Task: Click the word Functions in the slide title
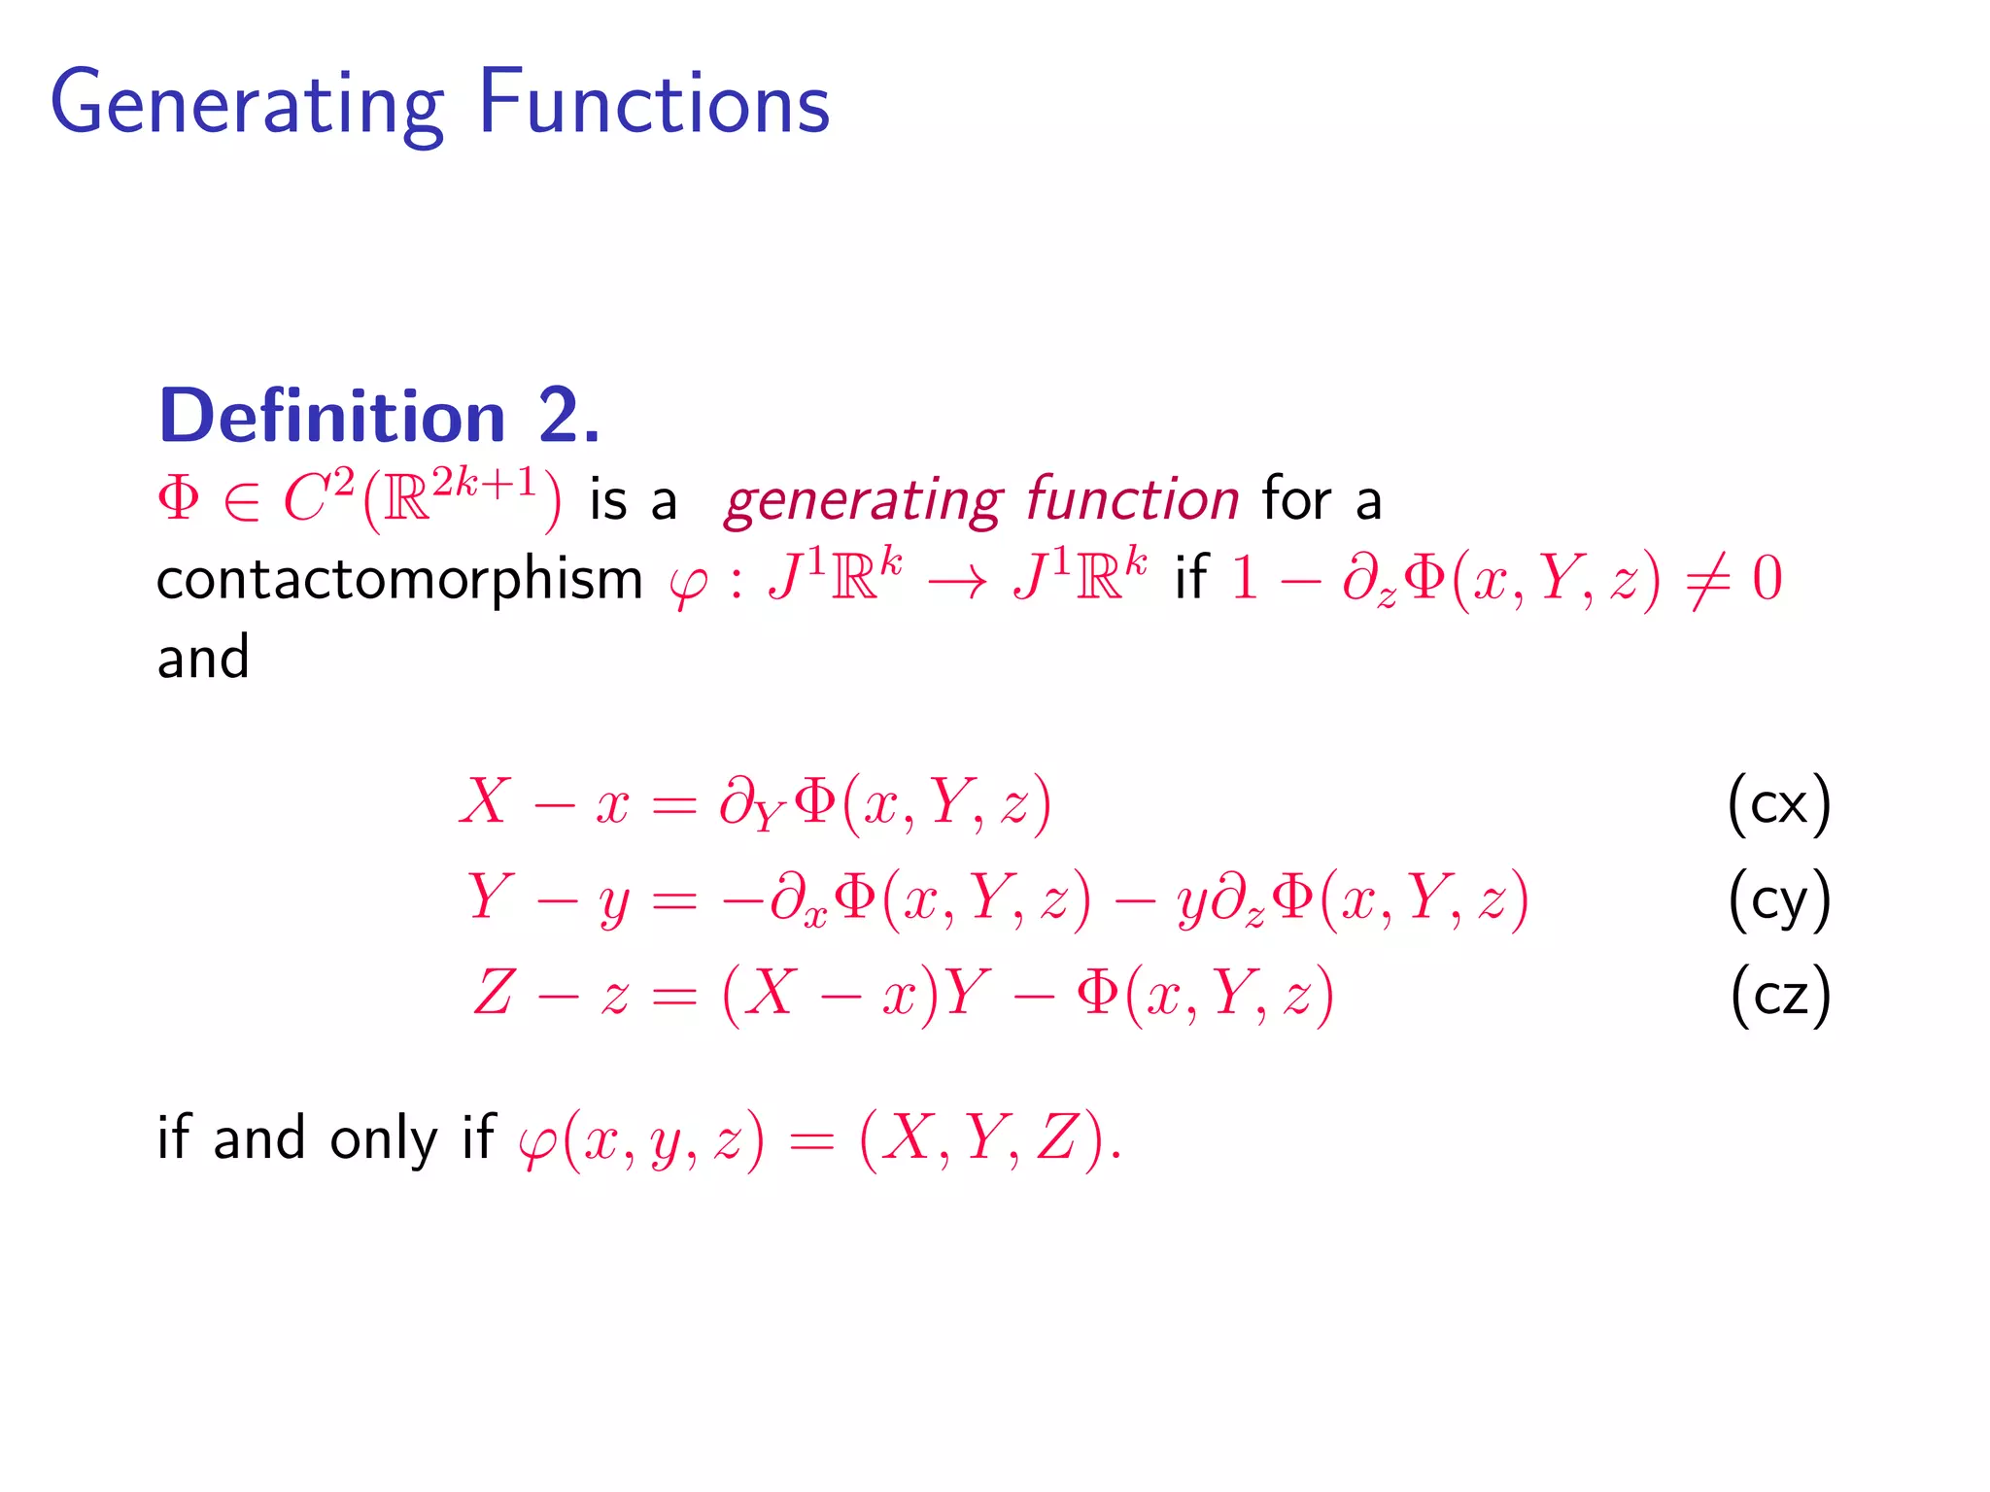pos(654,102)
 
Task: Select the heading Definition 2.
pos(380,416)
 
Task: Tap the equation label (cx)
pos(1779,804)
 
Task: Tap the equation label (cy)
pos(1779,899)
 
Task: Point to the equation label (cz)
pos(1780,995)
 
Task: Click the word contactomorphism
pos(399,580)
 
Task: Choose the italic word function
pos(1132,499)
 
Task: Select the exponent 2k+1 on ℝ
pos(484,482)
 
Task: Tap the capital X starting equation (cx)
pos(485,802)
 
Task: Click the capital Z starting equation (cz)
pos(493,994)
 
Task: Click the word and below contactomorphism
pos(203,658)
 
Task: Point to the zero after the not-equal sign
pos(1767,580)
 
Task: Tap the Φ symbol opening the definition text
pos(179,499)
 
